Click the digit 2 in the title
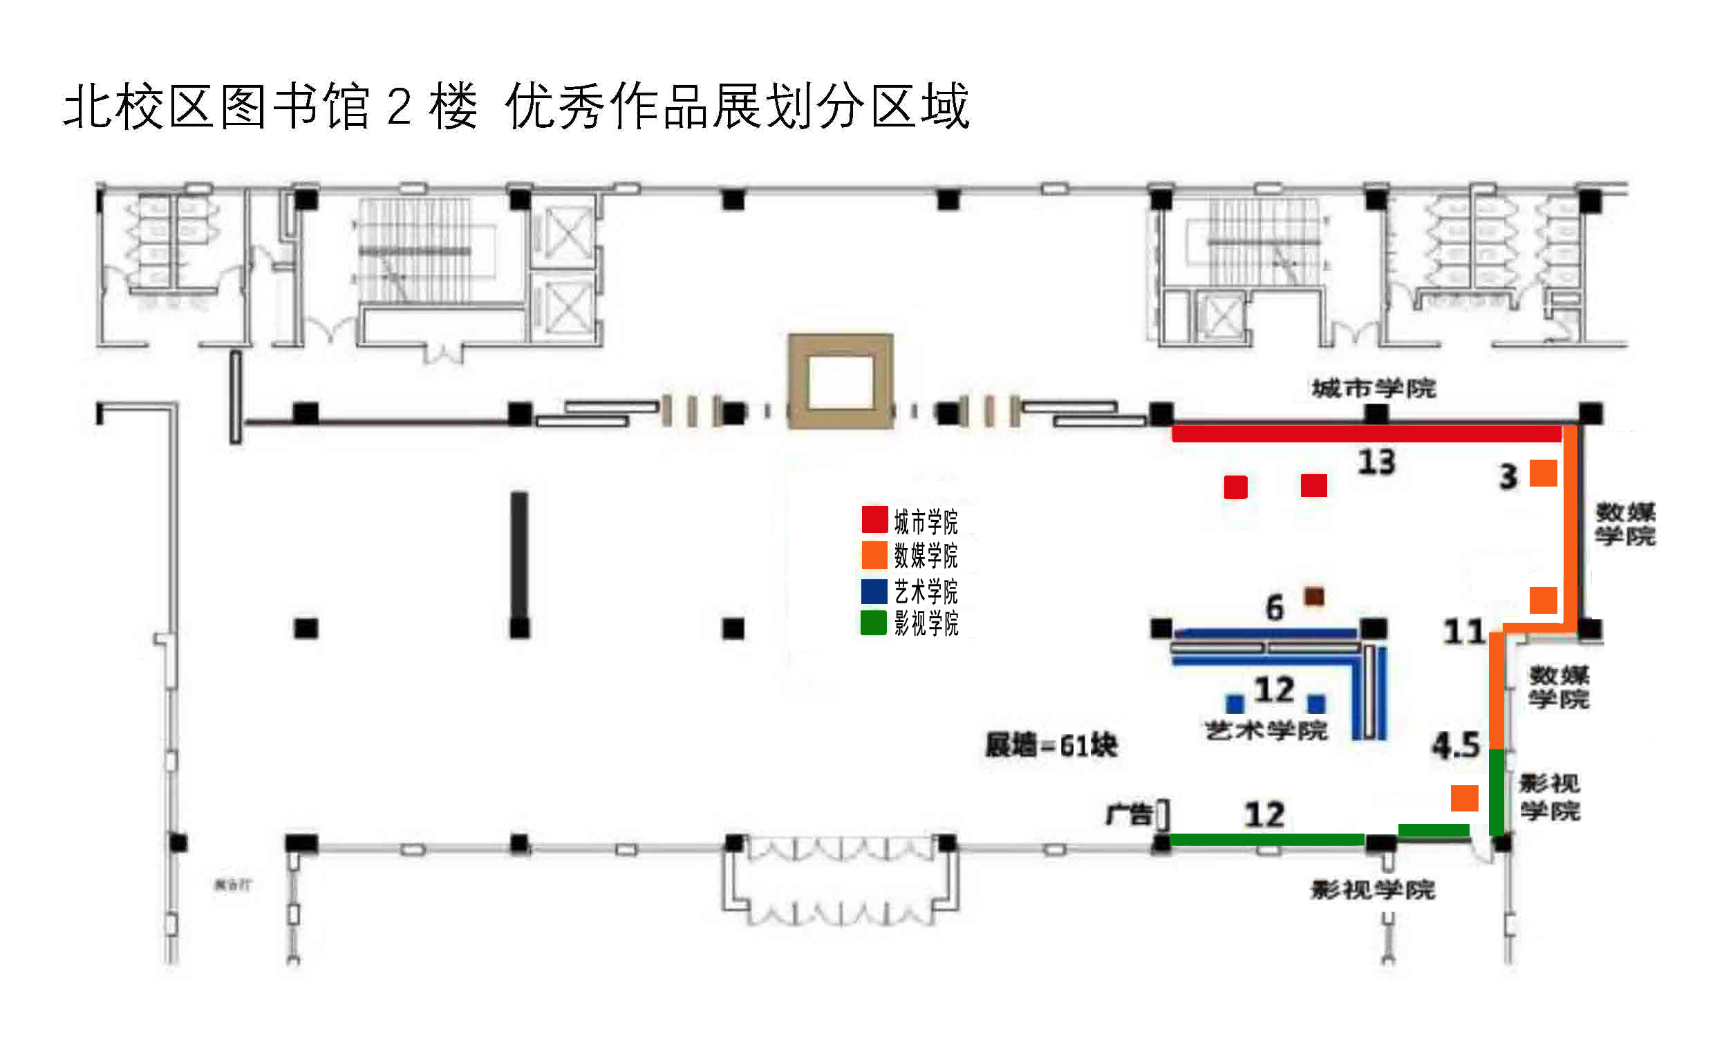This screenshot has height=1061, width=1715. pos(399,106)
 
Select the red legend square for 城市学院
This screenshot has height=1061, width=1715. pos(874,519)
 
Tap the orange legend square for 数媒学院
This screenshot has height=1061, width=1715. pos(874,554)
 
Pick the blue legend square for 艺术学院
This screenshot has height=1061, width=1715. pos(874,591)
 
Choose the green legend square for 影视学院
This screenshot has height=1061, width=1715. pos(874,622)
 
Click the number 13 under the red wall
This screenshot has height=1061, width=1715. pos(1376,462)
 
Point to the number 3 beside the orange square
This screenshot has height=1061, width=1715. pos(1508,477)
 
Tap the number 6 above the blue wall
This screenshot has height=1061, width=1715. pos(1274,608)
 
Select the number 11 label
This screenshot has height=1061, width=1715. pos(1464,632)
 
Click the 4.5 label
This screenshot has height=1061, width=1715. pos(1456,745)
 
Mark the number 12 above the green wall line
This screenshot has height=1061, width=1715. pos(1264,815)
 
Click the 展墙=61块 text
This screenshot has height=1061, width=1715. pos(1051,745)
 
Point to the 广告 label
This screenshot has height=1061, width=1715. pos(1129,815)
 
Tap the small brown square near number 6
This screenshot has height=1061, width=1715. pos(1313,597)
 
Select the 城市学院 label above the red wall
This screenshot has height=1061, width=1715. pos(1374,388)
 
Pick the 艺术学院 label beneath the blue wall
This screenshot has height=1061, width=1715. pos(1266,731)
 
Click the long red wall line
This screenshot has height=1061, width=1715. pos(1365,434)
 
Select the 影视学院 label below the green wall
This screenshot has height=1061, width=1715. pos(1373,890)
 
